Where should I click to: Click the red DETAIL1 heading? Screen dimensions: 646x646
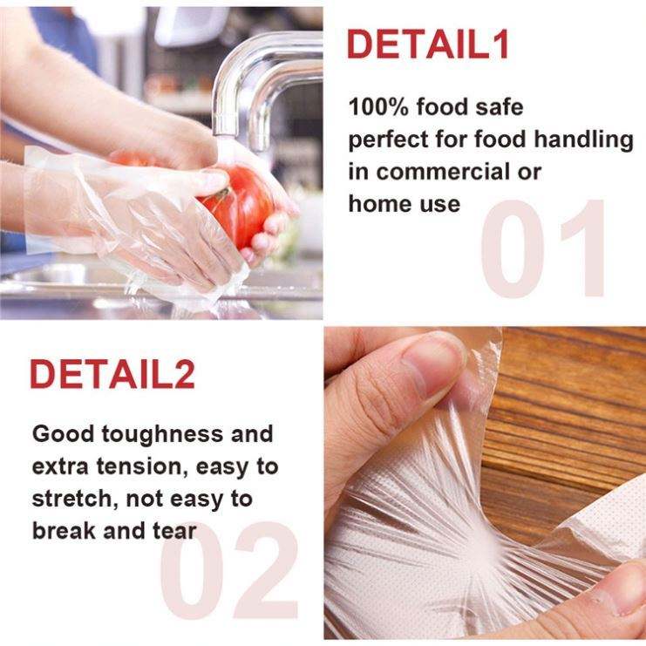point(428,44)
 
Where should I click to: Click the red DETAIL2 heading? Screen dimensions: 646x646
point(112,374)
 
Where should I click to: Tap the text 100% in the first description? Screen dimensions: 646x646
point(378,106)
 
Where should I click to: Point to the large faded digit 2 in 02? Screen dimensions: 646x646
point(265,570)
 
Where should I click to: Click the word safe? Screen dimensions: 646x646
point(499,106)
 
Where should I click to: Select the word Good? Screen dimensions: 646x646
point(63,434)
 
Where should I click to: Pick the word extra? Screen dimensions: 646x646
point(60,466)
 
